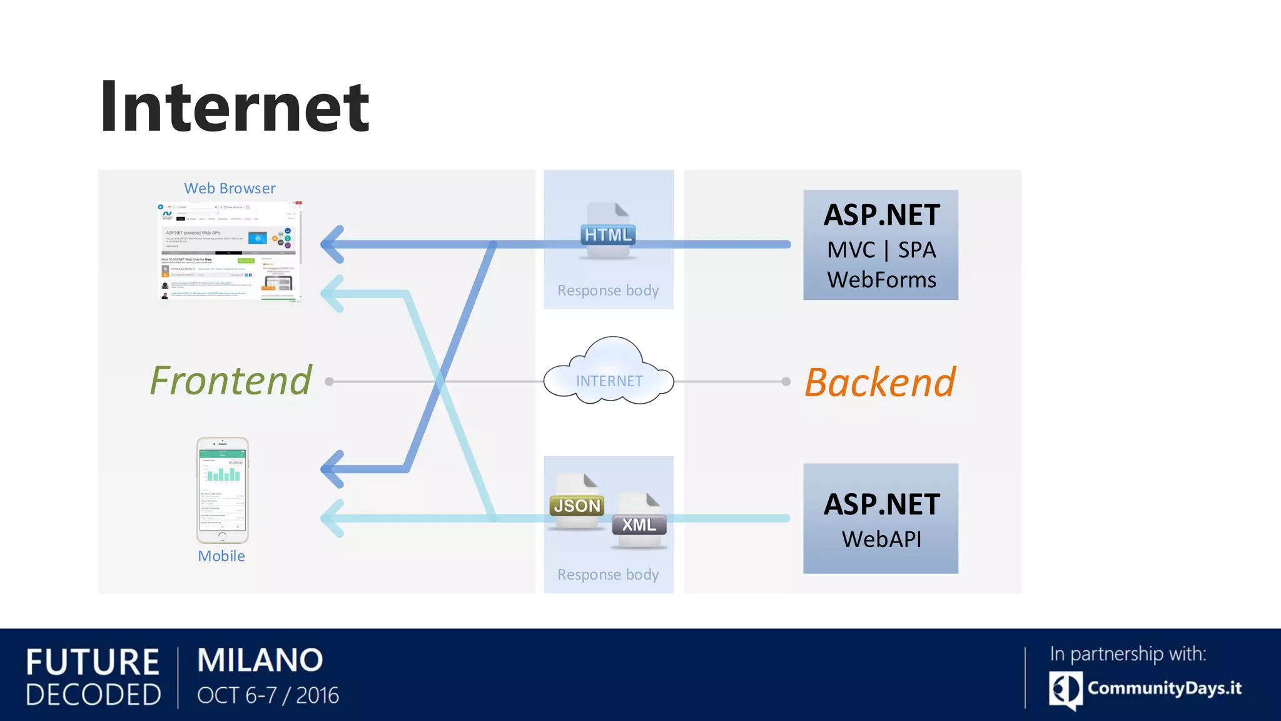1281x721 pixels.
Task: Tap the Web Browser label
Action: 230,188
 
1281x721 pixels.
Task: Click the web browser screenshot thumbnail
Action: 230,252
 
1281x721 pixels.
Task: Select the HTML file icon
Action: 608,232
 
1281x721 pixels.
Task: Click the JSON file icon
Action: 577,503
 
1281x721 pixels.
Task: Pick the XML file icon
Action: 639,521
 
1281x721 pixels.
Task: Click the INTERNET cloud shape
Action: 609,373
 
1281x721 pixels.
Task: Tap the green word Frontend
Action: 230,381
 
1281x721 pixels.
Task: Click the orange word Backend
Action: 879,382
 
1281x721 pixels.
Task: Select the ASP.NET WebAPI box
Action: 880,518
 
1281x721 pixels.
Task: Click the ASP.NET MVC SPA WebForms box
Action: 880,245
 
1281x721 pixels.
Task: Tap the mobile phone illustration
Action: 223,490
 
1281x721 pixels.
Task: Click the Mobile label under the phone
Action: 221,556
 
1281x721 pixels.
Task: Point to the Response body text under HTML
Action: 608,290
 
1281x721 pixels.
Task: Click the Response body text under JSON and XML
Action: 608,575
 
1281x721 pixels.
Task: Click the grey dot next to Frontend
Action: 330,381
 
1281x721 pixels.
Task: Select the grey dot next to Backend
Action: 786,381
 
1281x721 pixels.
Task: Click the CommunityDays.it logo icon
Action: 1065,690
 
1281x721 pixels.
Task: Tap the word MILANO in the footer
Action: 260,660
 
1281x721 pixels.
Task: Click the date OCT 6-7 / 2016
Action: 268,695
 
